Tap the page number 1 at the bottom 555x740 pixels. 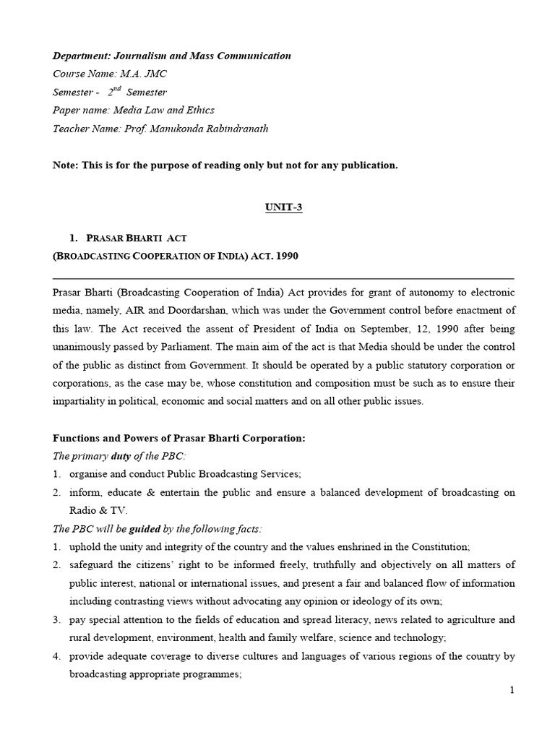512,691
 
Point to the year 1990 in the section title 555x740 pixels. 285,257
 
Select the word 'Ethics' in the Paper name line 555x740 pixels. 199,111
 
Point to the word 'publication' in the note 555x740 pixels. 369,165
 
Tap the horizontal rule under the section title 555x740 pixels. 283,277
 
